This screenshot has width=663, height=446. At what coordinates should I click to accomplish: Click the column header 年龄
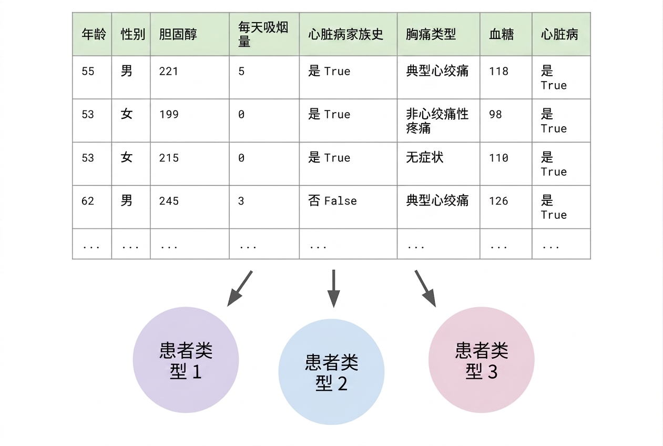(x=94, y=34)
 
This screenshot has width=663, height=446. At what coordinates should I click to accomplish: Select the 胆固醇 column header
(x=178, y=34)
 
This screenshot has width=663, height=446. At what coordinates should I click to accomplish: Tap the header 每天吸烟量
(x=263, y=34)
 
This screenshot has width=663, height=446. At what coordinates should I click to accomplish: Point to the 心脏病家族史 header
(x=346, y=34)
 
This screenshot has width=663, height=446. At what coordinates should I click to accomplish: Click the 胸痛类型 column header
(x=431, y=34)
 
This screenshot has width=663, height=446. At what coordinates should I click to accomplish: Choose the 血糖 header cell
(x=502, y=34)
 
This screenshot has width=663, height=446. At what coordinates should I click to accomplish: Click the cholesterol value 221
(x=168, y=72)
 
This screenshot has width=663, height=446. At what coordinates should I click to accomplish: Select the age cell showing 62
(x=88, y=201)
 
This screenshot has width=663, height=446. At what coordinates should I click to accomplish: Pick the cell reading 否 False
(x=332, y=201)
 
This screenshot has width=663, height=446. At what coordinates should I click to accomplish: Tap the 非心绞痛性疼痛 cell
(x=437, y=121)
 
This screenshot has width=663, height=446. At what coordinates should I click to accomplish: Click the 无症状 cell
(x=425, y=158)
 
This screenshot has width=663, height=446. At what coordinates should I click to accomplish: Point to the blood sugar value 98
(x=495, y=115)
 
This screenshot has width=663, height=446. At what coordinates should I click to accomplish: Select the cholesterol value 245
(x=169, y=201)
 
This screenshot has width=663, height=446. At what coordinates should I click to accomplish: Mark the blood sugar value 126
(x=498, y=201)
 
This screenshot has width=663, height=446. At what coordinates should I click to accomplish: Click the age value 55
(x=88, y=72)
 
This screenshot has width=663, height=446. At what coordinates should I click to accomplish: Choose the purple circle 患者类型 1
(x=186, y=360)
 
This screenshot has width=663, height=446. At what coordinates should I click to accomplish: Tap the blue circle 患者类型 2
(x=331, y=372)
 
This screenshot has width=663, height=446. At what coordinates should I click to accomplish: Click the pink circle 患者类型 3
(x=482, y=360)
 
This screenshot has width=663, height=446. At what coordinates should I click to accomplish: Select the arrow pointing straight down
(x=333, y=289)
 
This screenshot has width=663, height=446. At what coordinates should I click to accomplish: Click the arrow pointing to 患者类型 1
(x=240, y=288)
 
